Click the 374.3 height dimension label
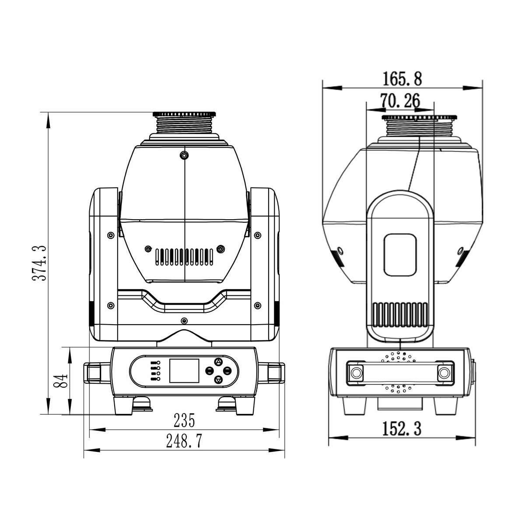pos(40,263)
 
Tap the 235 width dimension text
pos(185,420)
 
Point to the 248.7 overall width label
pos(184,441)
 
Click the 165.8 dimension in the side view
pos(402,79)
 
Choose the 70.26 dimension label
pos(400,101)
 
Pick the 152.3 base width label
pos(402,429)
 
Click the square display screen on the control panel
pos(184,371)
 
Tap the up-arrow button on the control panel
pos(218,362)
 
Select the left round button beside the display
pos(209,371)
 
